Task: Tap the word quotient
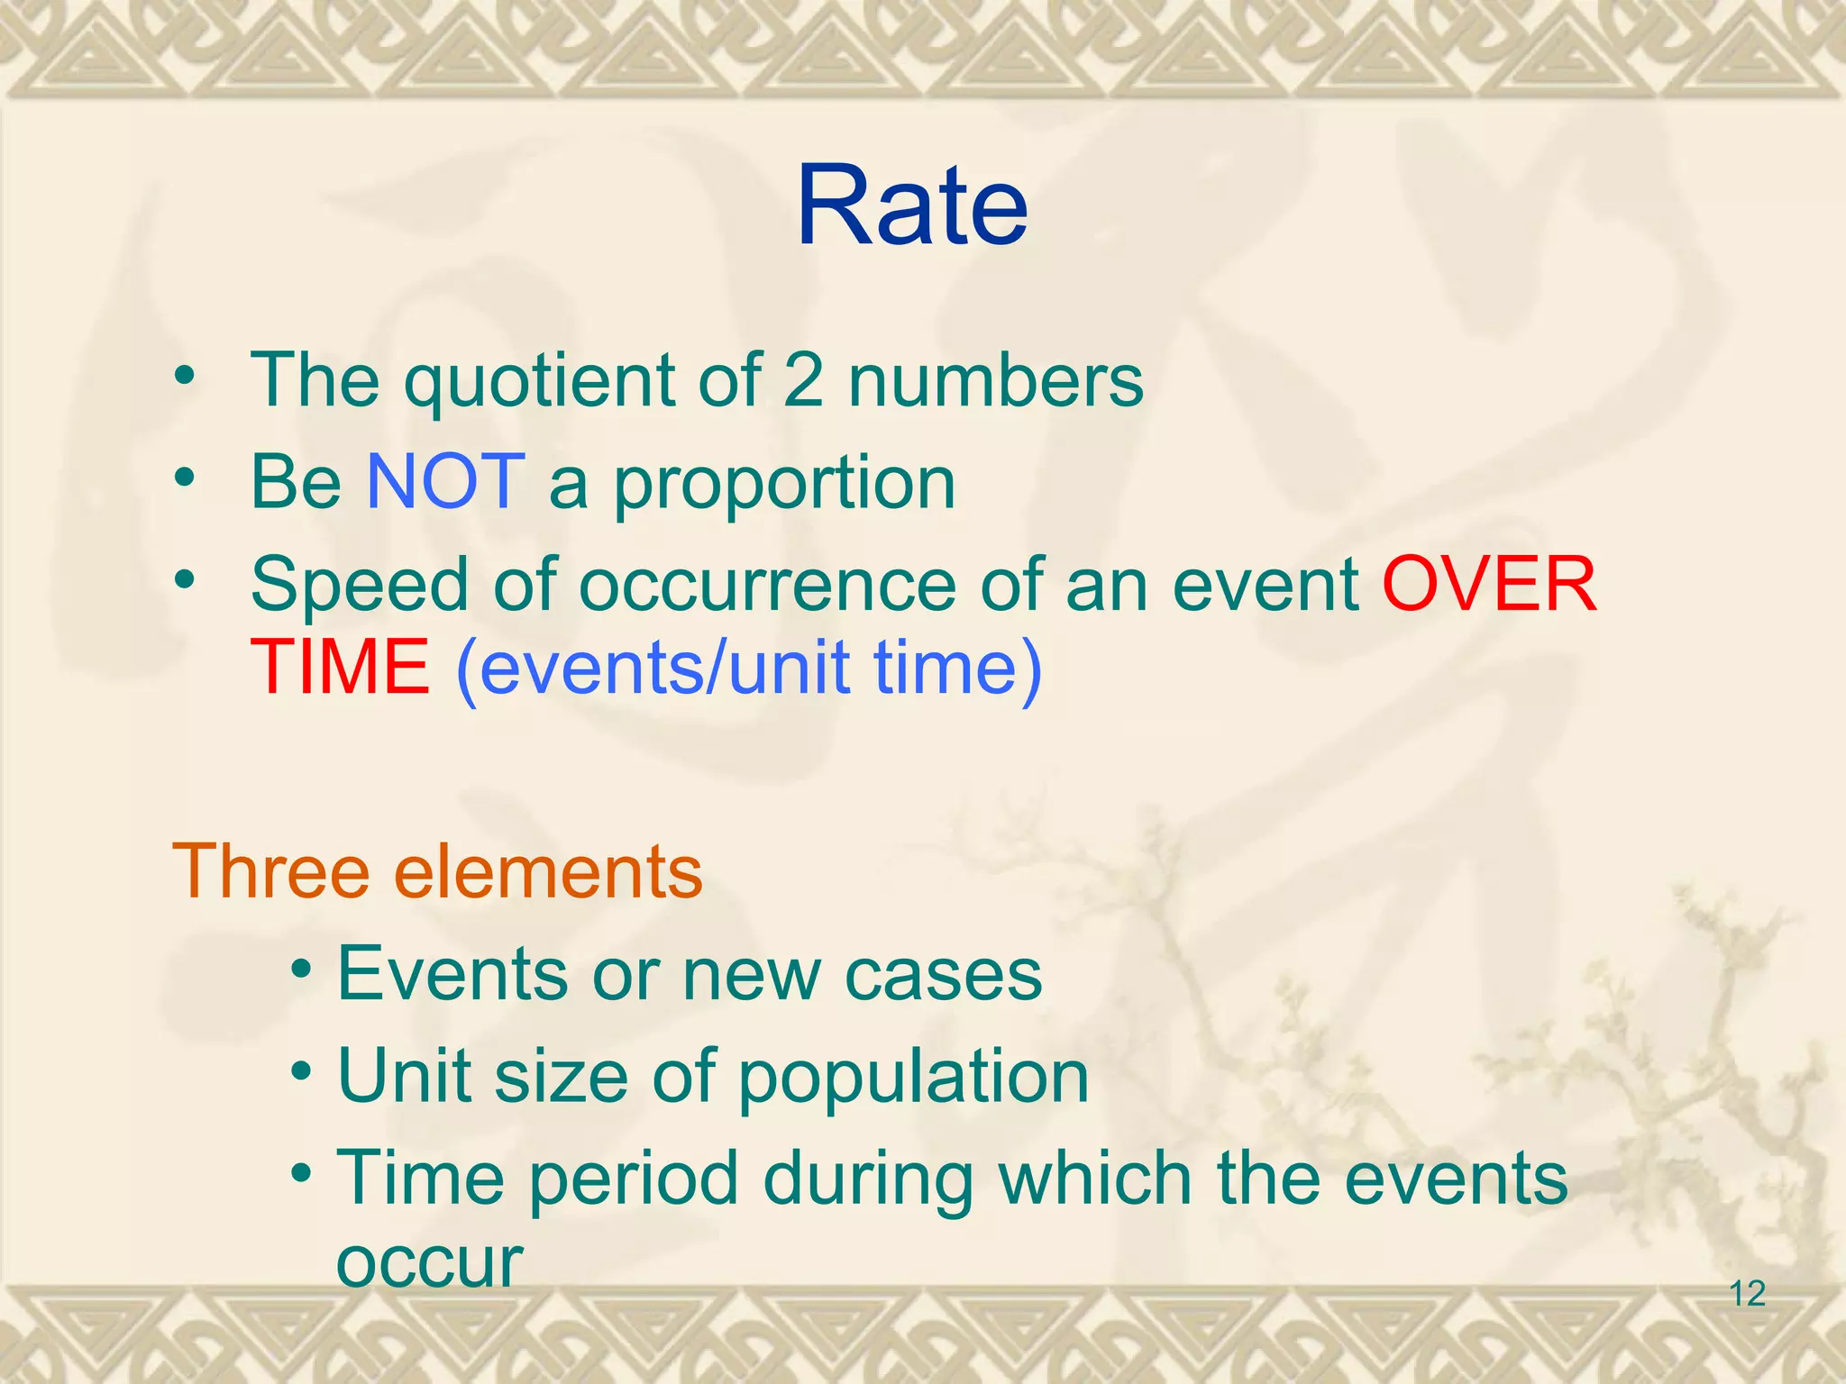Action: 538,382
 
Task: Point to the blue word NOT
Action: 445,482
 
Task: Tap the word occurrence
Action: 767,586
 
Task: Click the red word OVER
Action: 1489,584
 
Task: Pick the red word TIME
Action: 340,667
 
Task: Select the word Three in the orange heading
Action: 270,871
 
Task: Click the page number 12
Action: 1747,1294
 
